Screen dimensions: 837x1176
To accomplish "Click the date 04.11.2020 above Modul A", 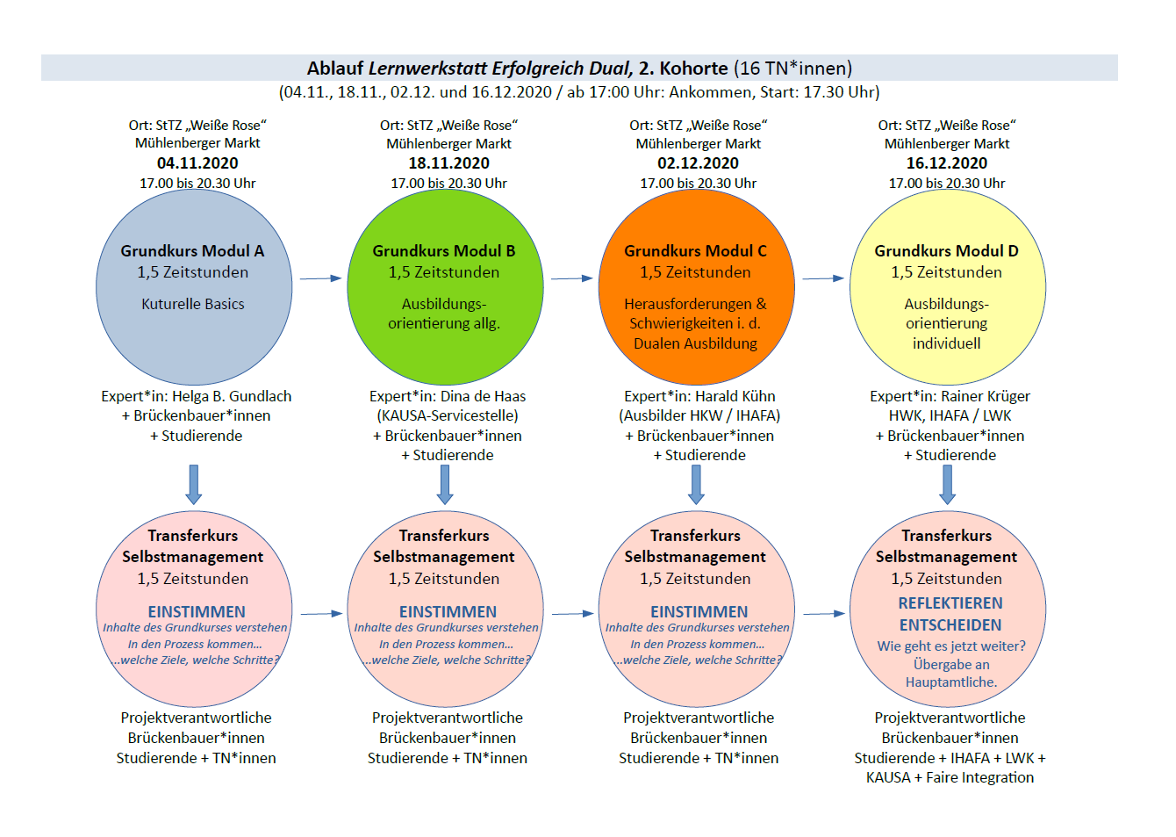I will pos(197,163).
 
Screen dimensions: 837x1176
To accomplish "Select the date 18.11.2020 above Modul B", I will pos(448,163).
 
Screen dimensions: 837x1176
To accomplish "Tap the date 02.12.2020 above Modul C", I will pos(698,163).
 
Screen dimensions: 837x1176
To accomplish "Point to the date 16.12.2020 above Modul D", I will pos(946,163).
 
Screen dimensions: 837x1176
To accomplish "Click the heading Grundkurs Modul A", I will pos(192,251).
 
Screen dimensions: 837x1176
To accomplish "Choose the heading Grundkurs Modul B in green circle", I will pos(443,251).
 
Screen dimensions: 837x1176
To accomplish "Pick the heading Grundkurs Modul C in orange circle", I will pos(695,251).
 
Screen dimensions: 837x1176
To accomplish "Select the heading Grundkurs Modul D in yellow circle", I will pos(946,251).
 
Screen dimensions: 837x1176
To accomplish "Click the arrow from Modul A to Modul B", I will pos(320,278).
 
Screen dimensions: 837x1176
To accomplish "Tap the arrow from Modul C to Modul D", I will pos(823,278).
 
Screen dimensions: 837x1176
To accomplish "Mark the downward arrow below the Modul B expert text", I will pos(445,484).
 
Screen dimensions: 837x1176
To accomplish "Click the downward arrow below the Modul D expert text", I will pos(947,484).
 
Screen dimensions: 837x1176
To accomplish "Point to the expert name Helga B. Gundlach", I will pos(232,397).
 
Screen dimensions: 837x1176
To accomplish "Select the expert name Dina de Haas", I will pos(483,397).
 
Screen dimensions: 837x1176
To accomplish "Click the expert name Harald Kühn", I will pos(735,397).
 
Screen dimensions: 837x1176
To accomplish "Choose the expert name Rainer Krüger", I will pos(985,397).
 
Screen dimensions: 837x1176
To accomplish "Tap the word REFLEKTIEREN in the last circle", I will pos(950,603).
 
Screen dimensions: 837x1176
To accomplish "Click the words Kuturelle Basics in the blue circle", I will pos(193,304).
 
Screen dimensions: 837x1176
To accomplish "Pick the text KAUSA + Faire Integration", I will pos(950,778).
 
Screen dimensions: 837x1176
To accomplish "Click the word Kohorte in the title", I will pos(693,69).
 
